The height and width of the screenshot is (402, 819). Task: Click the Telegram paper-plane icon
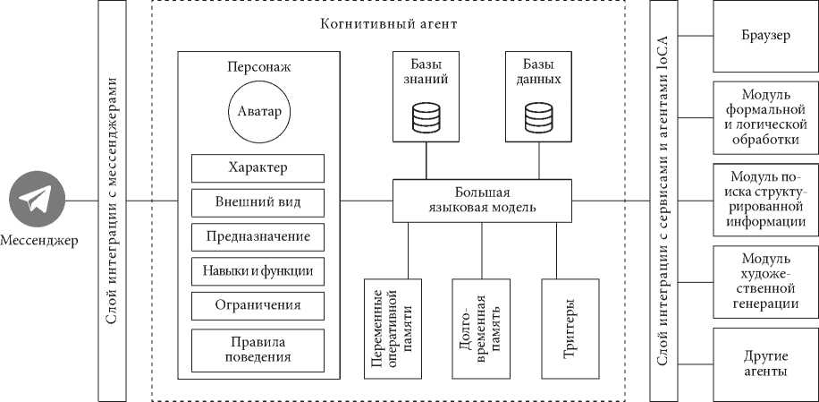(x=37, y=199)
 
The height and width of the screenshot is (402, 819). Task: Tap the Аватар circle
(x=259, y=112)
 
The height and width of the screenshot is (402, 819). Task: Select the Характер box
(x=258, y=167)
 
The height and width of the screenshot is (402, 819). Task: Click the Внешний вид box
(x=258, y=202)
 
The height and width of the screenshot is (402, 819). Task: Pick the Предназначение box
(x=258, y=236)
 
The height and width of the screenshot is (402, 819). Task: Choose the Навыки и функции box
(x=258, y=271)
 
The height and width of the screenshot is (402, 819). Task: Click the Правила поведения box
(x=258, y=350)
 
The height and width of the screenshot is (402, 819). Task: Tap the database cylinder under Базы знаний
(x=426, y=117)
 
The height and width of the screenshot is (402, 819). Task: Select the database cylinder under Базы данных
(x=538, y=117)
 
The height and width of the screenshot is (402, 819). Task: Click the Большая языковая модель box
(x=482, y=201)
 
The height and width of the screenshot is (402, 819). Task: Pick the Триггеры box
(x=570, y=329)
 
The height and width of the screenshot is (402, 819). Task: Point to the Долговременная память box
(x=481, y=329)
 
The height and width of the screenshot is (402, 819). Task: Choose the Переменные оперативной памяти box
(x=393, y=329)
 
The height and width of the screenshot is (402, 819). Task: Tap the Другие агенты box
(x=765, y=364)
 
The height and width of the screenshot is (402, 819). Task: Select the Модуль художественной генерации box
(x=765, y=282)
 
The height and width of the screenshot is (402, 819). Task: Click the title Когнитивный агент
(x=389, y=24)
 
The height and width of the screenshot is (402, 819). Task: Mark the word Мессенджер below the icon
(x=39, y=241)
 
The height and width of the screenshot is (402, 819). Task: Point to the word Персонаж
(x=259, y=67)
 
